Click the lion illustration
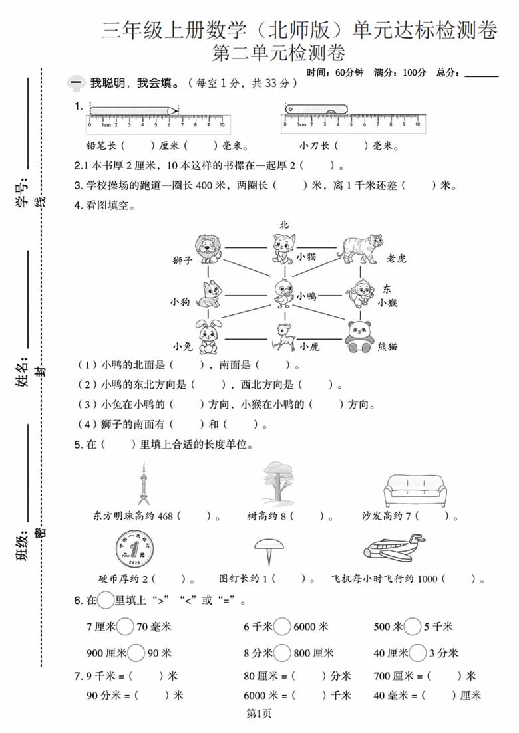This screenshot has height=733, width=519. click(208, 249)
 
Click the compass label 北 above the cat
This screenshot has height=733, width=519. click(284, 225)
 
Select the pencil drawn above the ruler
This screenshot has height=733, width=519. click(134, 110)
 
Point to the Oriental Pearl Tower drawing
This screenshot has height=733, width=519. click(143, 484)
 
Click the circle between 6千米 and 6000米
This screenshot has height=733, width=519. click(283, 626)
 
